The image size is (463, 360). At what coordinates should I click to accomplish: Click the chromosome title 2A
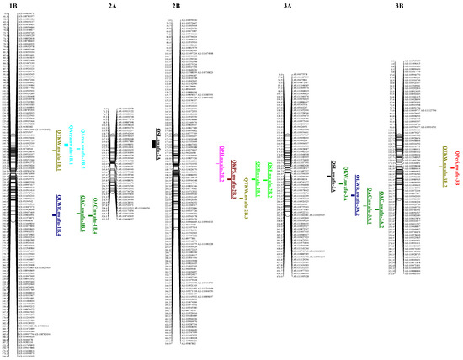113,6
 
